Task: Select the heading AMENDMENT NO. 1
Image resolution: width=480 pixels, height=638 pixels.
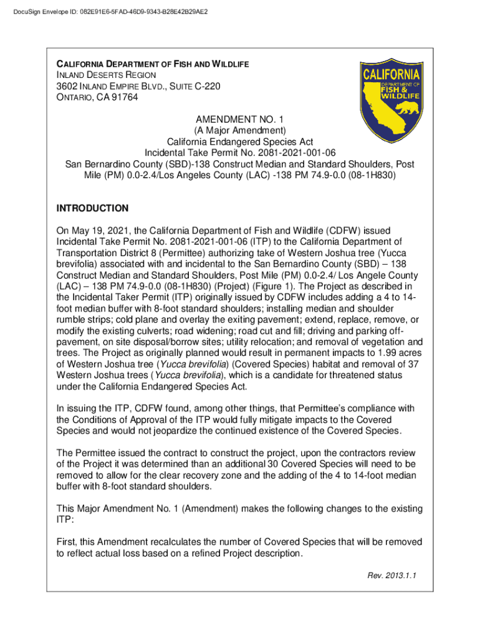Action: [x=239, y=119]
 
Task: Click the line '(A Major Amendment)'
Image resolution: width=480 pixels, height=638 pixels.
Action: [x=239, y=130]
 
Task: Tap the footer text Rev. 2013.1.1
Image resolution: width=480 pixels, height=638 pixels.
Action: [x=391, y=575]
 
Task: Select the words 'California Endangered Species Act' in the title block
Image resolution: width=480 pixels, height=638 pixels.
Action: [x=239, y=141]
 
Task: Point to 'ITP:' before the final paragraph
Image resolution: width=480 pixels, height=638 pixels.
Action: [x=65, y=519]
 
